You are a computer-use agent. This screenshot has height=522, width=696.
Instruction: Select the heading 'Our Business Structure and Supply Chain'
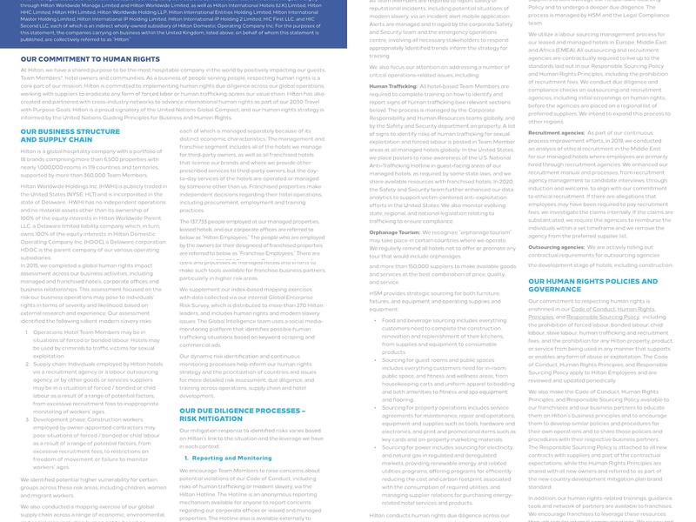point(70,135)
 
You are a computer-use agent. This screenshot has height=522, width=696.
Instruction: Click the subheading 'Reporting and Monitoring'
point(231,458)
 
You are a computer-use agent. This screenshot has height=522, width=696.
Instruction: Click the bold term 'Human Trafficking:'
point(393,86)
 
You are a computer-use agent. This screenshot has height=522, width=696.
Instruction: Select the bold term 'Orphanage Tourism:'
point(395,233)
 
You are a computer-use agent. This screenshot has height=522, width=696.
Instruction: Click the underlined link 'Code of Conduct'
point(592,310)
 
